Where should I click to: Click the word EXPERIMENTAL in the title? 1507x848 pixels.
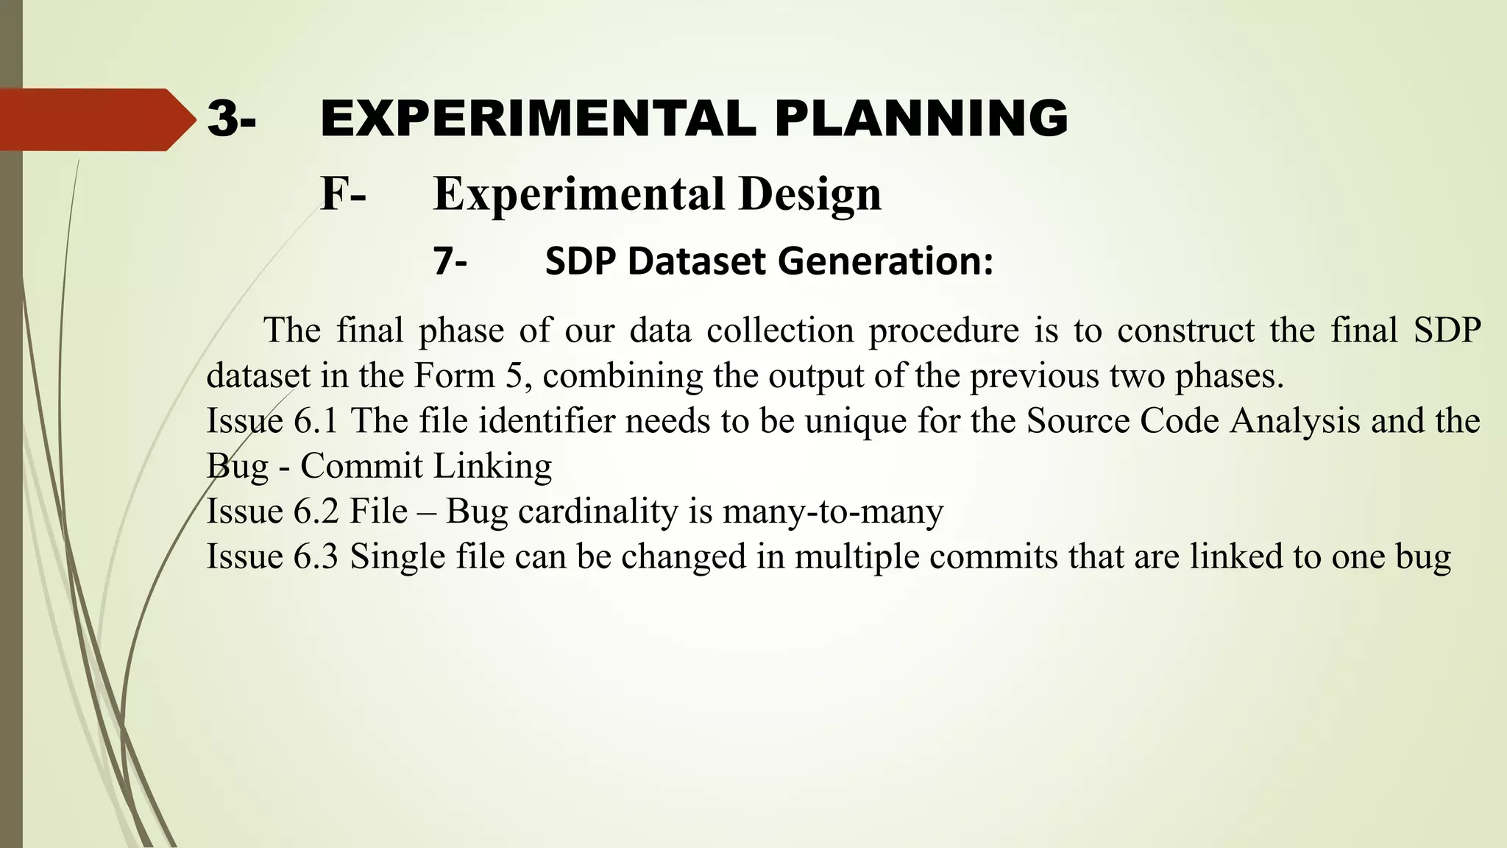click(x=538, y=119)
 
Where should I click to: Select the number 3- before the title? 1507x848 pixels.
click(x=232, y=119)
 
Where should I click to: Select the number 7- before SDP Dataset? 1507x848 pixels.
click(x=450, y=262)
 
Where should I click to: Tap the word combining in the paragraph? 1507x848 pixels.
click(x=623, y=377)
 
